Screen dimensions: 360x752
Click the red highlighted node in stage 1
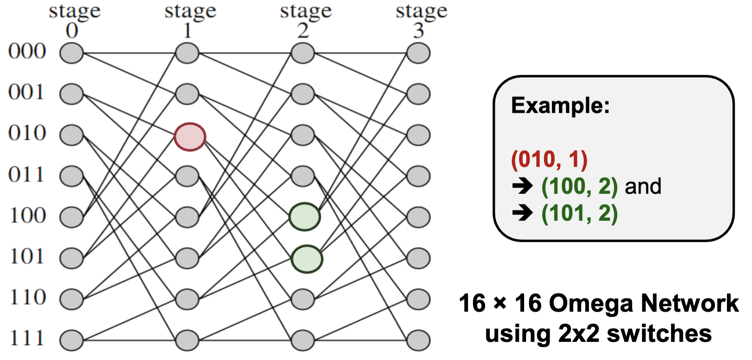click(190, 137)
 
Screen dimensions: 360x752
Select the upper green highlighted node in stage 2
click(305, 217)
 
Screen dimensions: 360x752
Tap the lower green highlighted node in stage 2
click(307, 259)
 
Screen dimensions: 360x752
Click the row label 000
click(27, 51)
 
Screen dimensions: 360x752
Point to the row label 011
click(26, 175)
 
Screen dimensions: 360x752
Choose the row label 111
click(27, 338)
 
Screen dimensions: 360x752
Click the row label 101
click(27, 257)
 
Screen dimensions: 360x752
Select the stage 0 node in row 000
click(71, 53)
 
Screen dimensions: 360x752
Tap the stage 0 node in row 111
click(71, 340)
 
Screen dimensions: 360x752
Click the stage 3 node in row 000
click(418, 53)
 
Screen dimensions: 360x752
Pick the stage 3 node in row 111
click(418, 340)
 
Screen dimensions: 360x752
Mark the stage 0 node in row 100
click(71, 217)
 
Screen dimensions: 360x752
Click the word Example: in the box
click(560, 106)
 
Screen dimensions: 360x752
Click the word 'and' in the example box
click(643, 186)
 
